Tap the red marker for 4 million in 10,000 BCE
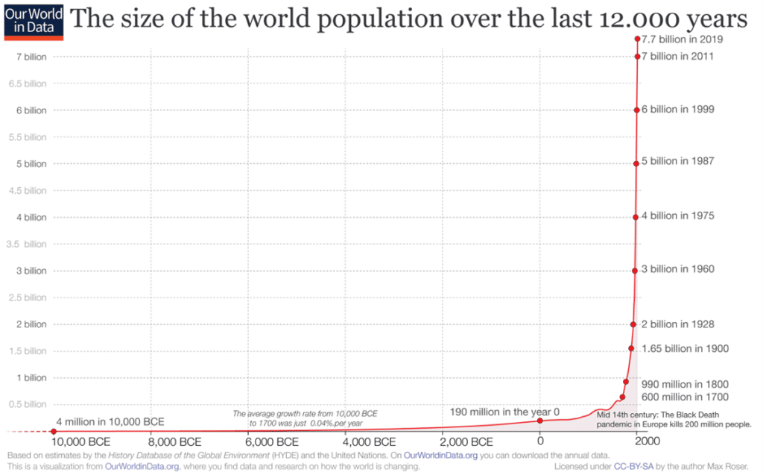(x=54, y=431)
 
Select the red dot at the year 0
(x=540, y=421)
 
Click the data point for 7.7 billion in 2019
(x=637, y=39)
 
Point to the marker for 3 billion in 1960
(x=635, y=270)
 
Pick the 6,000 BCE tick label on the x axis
(x=272, y=442)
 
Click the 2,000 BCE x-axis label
(x=466, y=442)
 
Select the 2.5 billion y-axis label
(x=26, y=298)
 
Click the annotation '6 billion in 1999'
(x=678, y=110)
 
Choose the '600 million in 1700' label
(x=685, y=397)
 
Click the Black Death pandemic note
(x=674, y=420)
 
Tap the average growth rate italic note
(x=305, y=418)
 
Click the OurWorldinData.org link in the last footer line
(x=142, y=467)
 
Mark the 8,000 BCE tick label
(x=175, y=442)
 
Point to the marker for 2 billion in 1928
(x=633, y=324)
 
